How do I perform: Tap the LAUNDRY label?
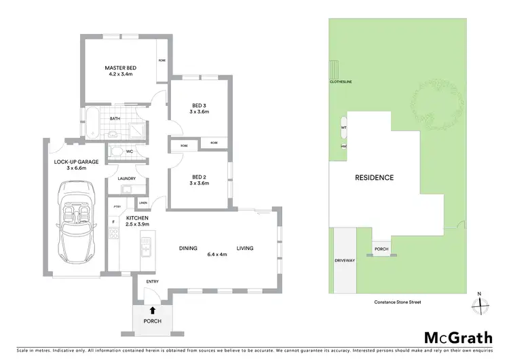pyautogui.click(x=126, y=179)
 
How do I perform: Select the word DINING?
pyautogui.click(x=188, y=249)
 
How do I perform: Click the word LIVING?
pyautogui.click(x=244, y=249)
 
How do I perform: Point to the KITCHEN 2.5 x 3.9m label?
pyautogui.click(x=137, y=220)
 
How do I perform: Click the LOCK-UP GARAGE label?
pyautogui.click(x=77, y=165)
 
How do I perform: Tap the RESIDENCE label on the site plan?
pyautogui.click(x=374, y=178)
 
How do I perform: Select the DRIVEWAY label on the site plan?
pyautogui.click(x=345, y=260)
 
